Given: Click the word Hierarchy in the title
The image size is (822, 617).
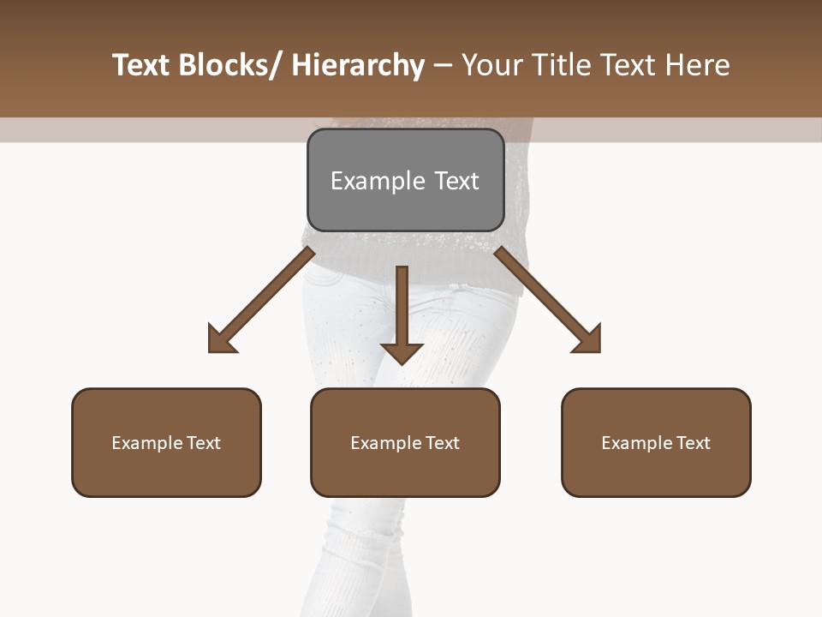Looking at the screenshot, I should (x=358, y=65).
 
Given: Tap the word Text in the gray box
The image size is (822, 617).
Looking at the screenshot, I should (x=456, y=181).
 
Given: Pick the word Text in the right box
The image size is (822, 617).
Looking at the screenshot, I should (x=693, y=443).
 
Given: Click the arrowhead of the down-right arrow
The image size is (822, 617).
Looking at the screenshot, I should (x=588, y=340).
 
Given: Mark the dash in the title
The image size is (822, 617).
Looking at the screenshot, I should (x=443, y=65).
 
